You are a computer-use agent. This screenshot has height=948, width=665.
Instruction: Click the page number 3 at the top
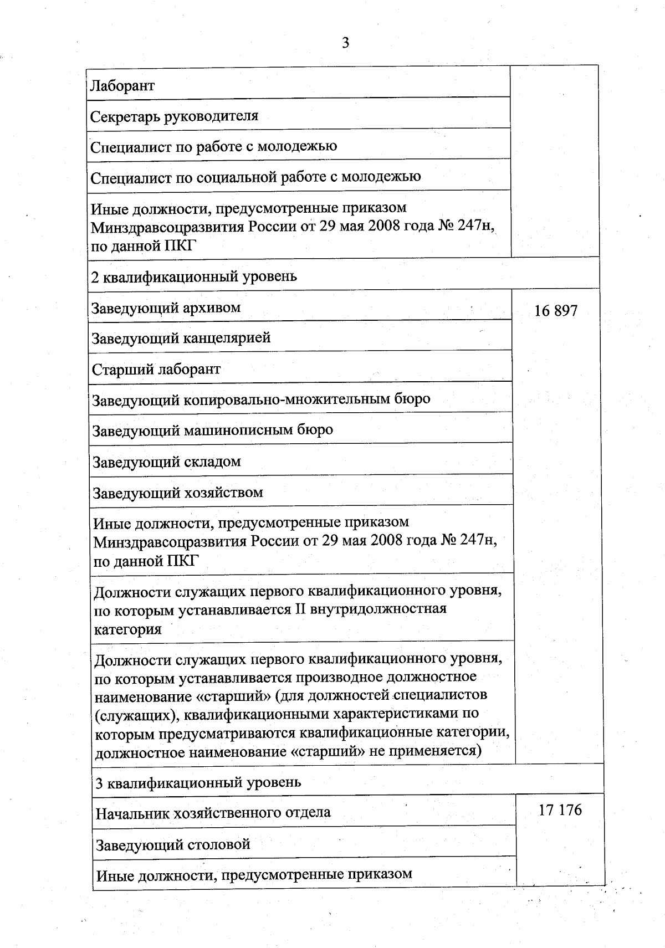coord(345,43)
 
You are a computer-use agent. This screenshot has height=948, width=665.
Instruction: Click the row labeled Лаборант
coord(122,86)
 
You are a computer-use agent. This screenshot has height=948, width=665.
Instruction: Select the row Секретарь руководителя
coord(174,116)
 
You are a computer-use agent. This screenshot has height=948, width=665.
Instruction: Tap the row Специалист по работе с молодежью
coord(213,147)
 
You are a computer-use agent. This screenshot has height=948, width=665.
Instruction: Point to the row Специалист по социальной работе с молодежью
coord(255,177)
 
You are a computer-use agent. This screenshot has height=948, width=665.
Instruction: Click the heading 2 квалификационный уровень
coord(194,276)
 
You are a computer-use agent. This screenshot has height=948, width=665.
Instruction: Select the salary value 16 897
coord(555,311)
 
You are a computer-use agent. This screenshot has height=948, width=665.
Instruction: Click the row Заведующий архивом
coord(166,308)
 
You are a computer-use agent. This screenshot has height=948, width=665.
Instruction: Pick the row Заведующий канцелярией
coord(181,338)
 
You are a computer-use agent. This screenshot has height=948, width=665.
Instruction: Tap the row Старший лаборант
coord(156,370)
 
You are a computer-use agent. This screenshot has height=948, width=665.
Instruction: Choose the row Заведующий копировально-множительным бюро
coord(261,399)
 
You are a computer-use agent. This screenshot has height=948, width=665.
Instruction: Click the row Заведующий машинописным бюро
coord(212,431)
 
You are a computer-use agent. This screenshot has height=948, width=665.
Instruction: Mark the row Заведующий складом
coord(166,462)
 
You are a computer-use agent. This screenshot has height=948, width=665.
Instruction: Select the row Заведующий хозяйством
coord(177,493)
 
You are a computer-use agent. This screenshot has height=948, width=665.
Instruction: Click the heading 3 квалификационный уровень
coord(198,782)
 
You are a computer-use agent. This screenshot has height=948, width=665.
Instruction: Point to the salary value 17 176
coord(560,810)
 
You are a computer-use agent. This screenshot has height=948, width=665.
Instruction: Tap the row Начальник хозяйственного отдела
coord(213,813)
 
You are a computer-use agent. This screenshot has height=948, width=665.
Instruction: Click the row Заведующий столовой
coord(173,845)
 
